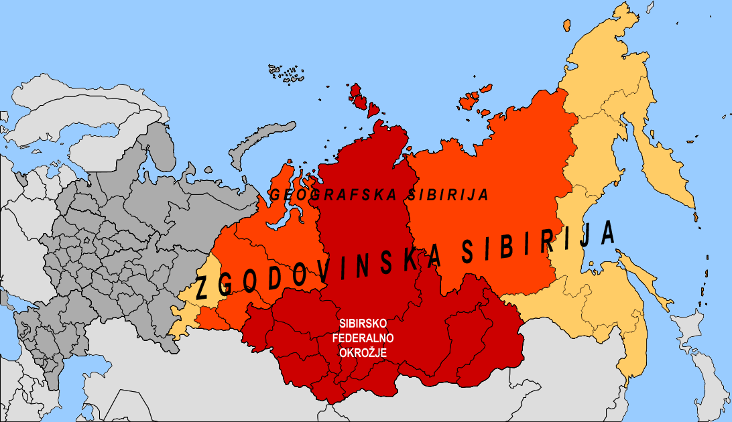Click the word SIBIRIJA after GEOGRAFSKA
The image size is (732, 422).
click(448, 195)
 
